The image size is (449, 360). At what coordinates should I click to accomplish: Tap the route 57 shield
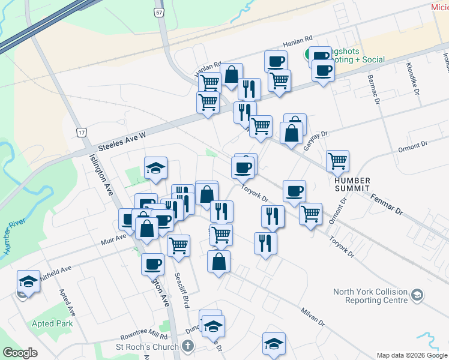(x=159, y=13)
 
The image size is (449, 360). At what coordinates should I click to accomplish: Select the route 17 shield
(x=82, y=132)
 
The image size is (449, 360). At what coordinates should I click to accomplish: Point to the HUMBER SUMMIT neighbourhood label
(x=353, y=184)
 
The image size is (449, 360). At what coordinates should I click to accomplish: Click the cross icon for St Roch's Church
(x=188, y=346)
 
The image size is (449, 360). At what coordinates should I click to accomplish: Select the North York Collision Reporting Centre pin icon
(x=418, y=295)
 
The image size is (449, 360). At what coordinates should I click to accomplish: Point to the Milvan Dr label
(x=313, y=315)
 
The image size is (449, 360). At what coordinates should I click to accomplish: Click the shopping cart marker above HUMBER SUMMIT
(x=338, y=160)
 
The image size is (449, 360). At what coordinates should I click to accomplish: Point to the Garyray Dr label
(x=317, y=143)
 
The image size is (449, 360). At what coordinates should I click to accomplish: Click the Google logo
(x=20, y=353)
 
